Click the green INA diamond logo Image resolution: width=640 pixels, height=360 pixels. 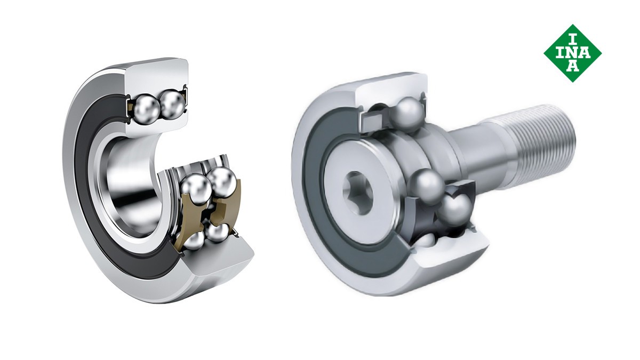point(573,53)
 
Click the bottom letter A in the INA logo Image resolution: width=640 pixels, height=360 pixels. point(573,67)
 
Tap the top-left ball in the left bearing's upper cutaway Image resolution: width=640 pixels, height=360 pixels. point(147,106)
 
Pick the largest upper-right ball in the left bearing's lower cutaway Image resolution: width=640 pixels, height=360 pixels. point(222,182)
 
